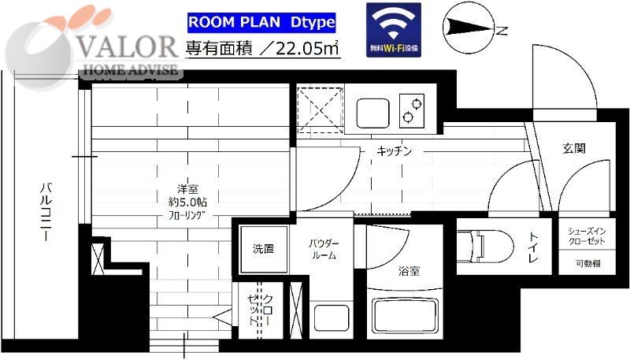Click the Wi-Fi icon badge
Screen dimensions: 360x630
tap(394, 29)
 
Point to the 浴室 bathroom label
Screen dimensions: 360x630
tap(409, 272)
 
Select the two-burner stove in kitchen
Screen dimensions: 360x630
tap(410, 111)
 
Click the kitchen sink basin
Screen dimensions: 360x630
tap(373, 113)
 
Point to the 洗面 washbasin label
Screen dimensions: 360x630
tap(263, 249)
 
